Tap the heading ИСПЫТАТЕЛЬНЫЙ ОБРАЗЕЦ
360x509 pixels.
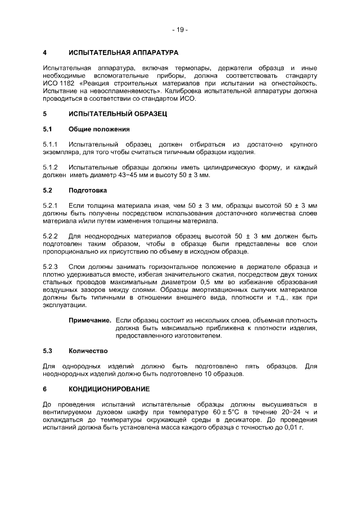(x=118, y=114)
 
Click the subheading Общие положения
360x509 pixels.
(x=99, y=129)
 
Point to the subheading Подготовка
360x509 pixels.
(x=88, y=190)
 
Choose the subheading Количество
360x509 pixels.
(x=88, y=351)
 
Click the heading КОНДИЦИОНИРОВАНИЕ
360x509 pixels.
(x=110, y=389)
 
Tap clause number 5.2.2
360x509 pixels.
(x=51, y=235)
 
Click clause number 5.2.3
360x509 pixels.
(x=51, y=265)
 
